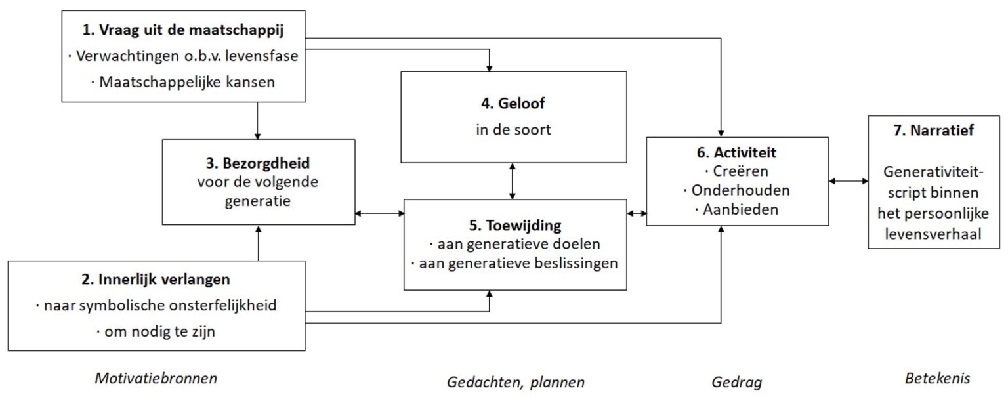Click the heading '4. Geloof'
513,103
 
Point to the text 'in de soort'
513,129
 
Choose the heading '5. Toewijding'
514,225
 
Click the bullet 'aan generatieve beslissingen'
514,263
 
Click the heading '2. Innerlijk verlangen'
156,279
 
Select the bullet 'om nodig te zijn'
156,332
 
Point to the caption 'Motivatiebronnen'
156,379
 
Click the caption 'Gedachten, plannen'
515,381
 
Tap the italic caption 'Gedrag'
736,381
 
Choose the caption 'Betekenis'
937,379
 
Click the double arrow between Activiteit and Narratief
848,180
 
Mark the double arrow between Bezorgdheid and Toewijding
379,213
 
